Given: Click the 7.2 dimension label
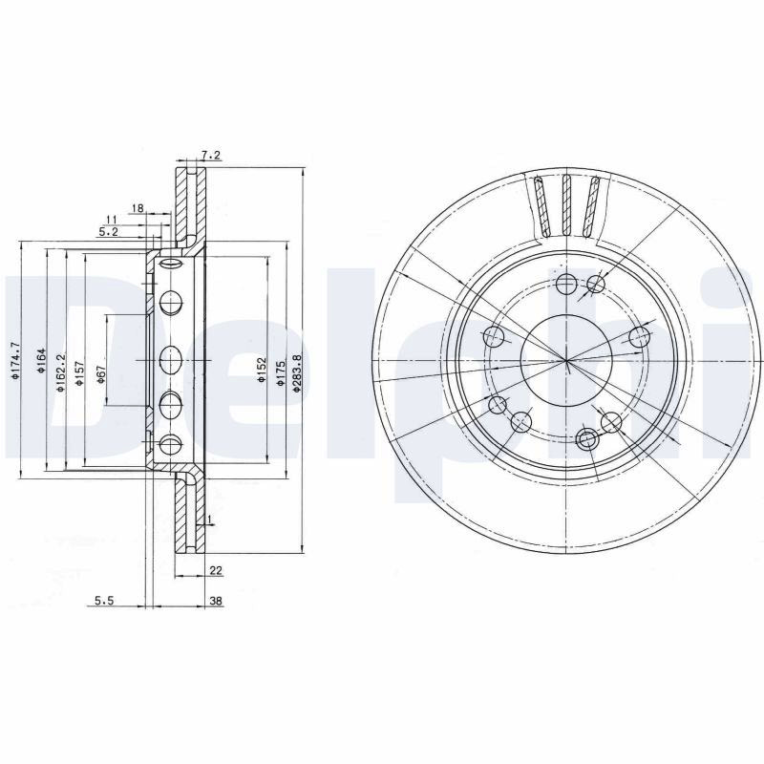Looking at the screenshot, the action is [211, 156].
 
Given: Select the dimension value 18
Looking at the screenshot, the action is [138, 208].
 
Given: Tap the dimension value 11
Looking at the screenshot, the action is [112, 220].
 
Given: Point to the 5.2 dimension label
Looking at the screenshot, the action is [108, 232].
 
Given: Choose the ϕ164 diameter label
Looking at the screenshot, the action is [41, 361].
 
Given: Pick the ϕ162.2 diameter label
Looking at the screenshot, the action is [60, 373].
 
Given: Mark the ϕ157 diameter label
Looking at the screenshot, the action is [80, 373].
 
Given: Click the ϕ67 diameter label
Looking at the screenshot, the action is [101, 373].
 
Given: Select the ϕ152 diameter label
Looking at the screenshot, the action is [262, 370].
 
